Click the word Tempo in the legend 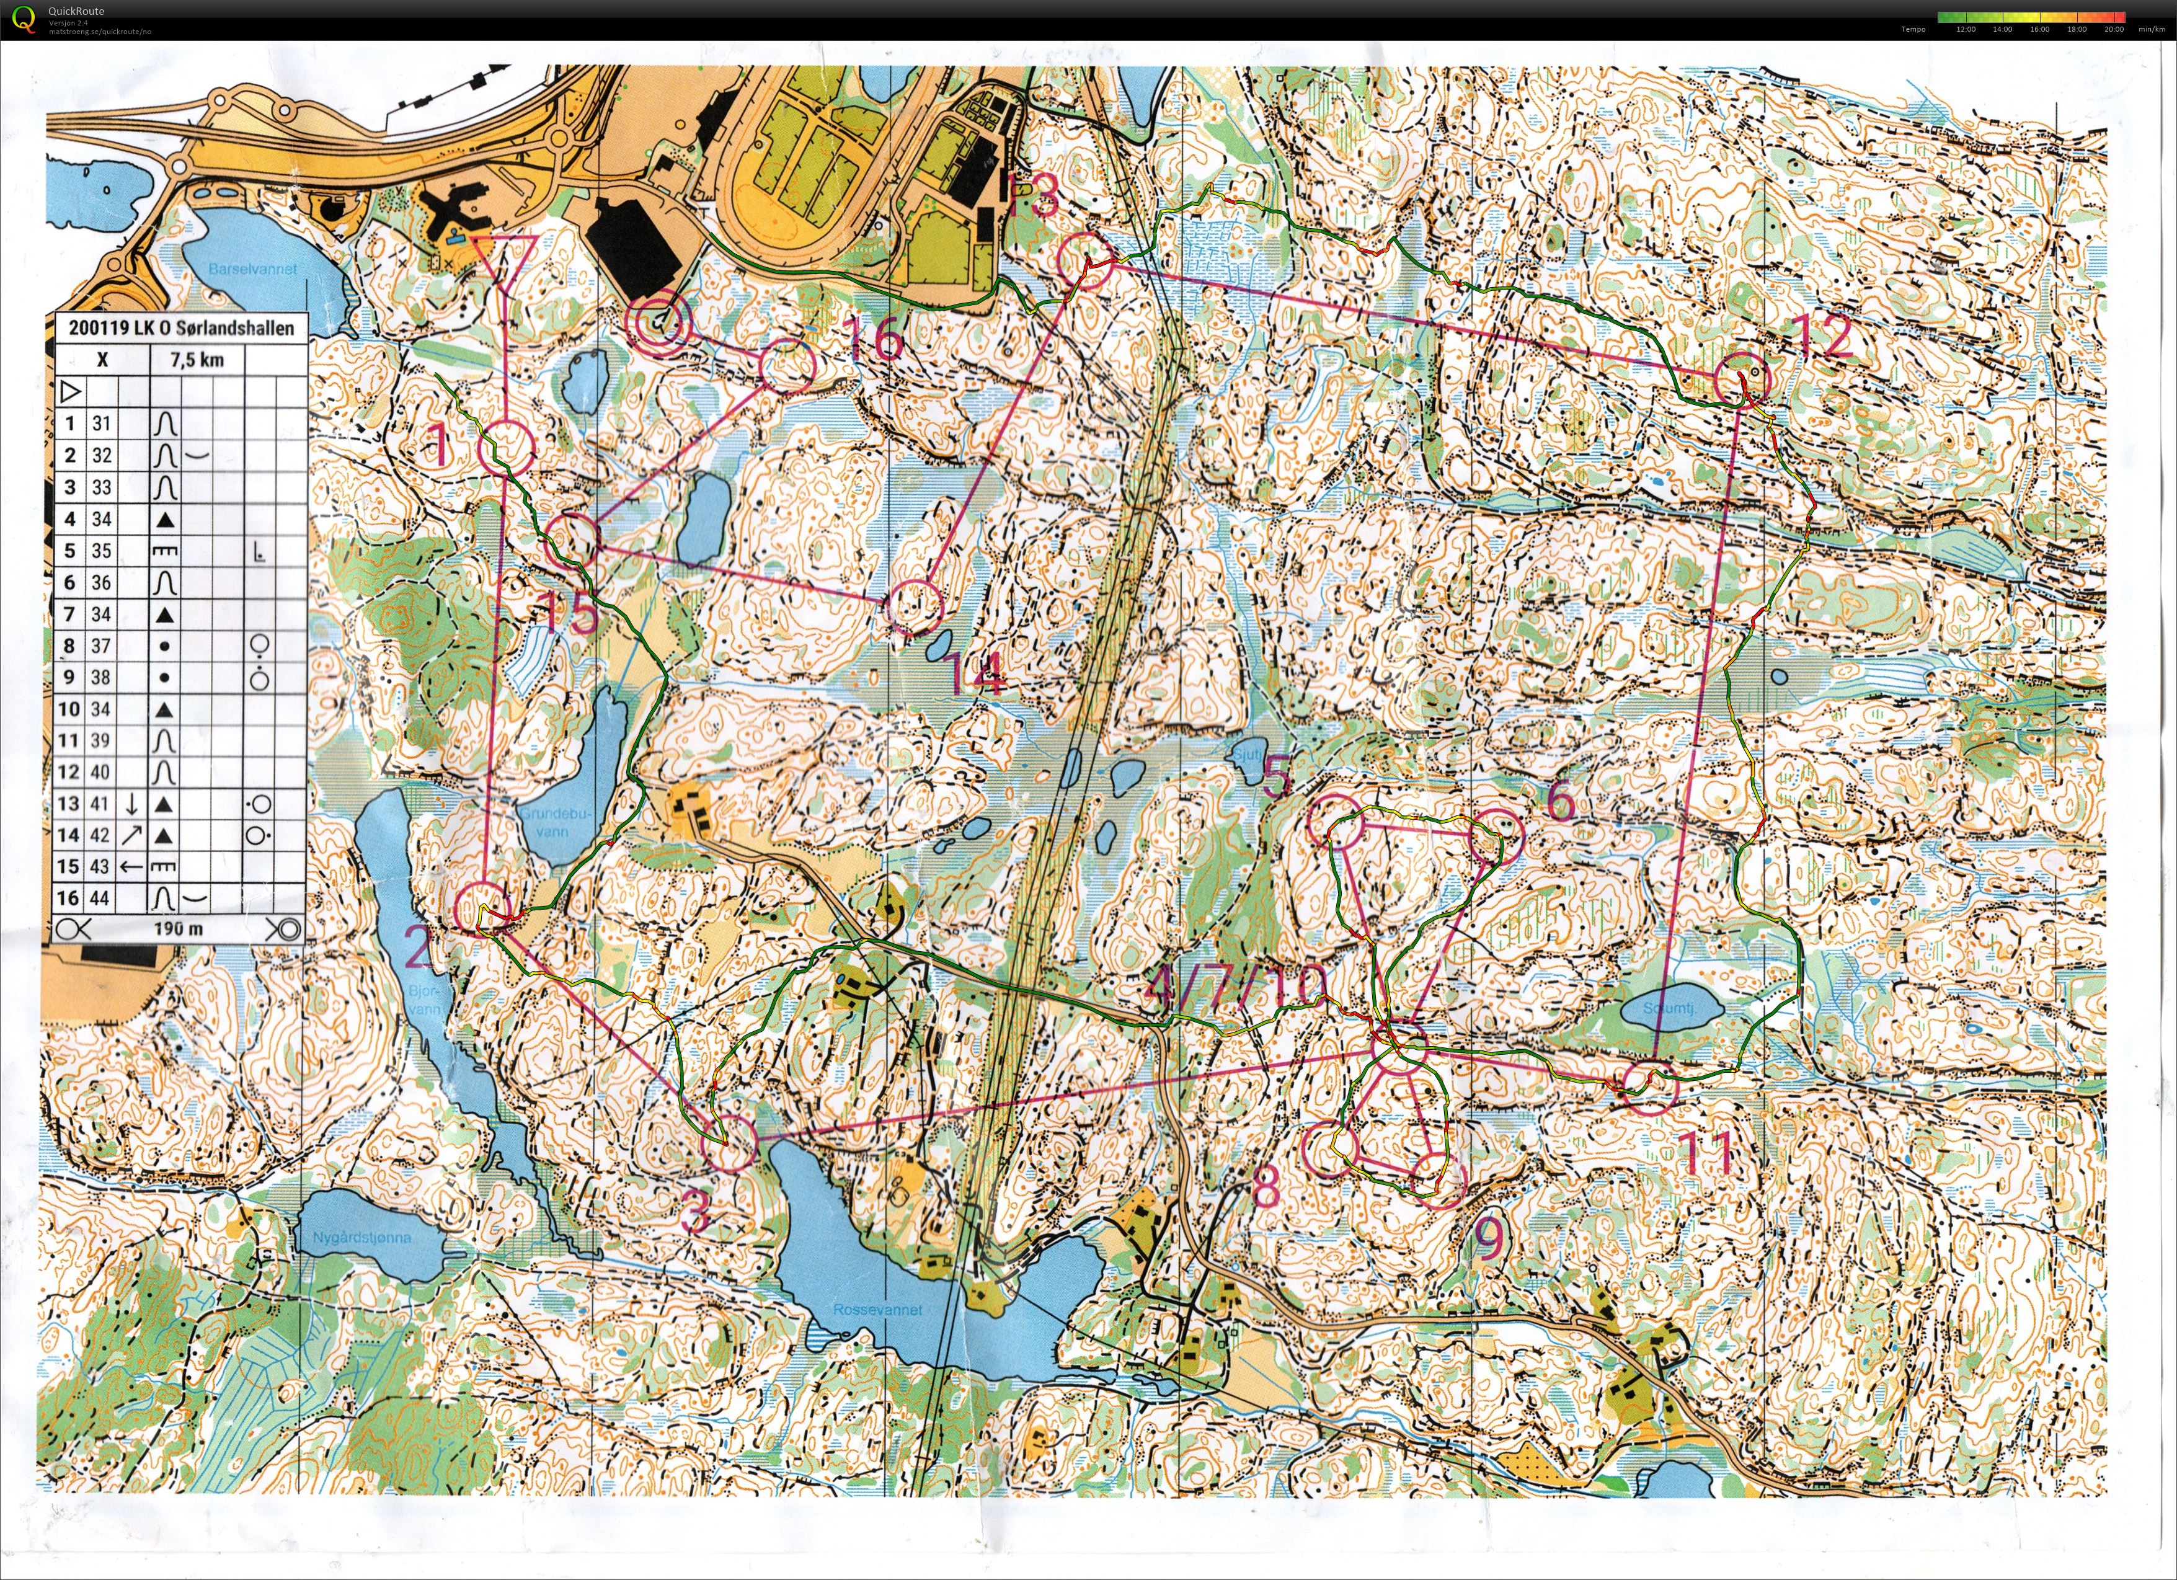1913,29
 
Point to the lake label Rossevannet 877,1309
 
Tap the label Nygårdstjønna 362,1237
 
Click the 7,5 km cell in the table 196,360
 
